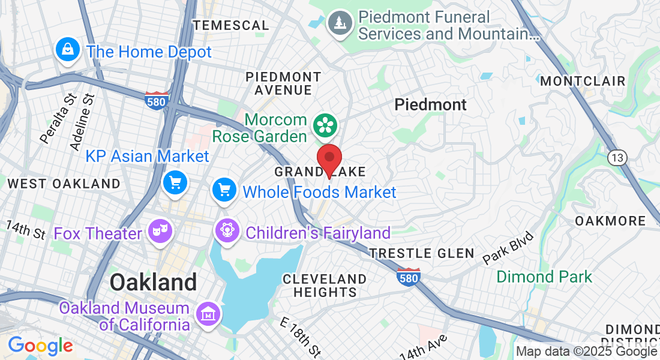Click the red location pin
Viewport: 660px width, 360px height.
click(329, 158)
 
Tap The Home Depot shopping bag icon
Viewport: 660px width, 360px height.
click(68, 49)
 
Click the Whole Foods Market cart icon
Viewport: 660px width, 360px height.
click(225, 191)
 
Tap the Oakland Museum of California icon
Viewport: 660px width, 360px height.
click(208, 313)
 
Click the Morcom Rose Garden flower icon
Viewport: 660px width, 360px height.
click(326, 125)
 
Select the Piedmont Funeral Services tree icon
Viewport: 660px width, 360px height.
click(340, 23)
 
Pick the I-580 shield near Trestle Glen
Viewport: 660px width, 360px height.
click(407, 277)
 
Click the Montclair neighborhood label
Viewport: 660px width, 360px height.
click(583, 81)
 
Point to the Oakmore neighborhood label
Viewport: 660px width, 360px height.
click(610, 221)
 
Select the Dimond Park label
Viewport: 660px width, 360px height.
click(544, 277)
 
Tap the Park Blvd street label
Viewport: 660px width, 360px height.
click(507, 247)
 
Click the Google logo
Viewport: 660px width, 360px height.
click(40, 346)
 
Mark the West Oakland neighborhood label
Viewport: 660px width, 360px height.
click(64, 184)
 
